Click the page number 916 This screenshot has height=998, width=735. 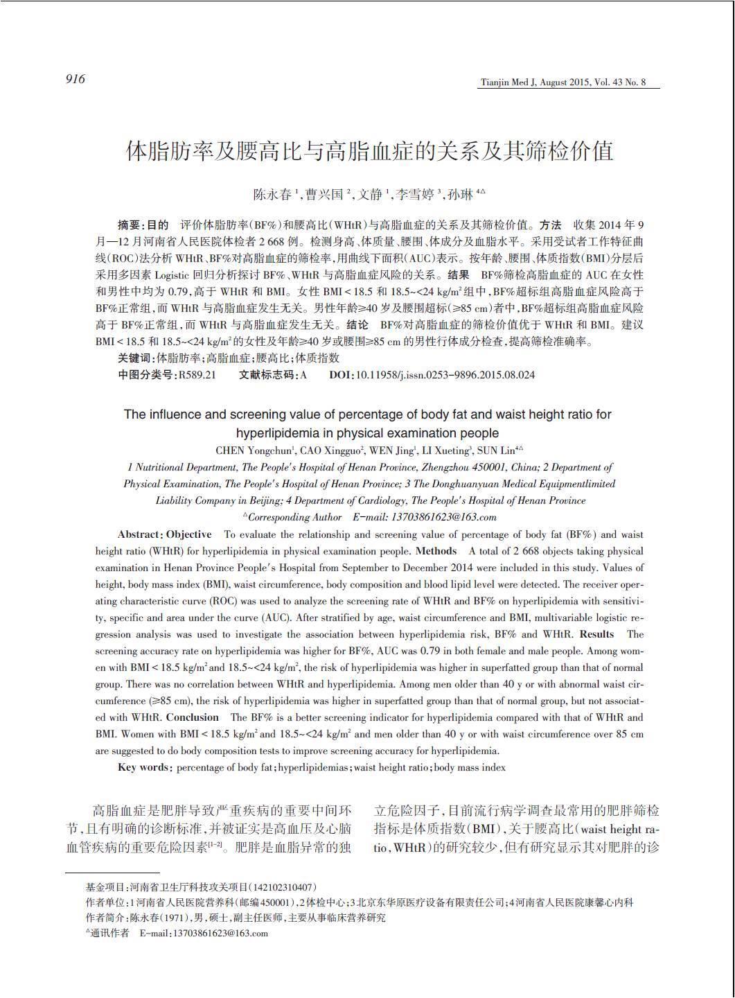tap(76, 79)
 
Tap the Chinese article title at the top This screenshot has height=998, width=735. tap(369, 150)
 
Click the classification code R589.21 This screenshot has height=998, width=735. tap(197, 374)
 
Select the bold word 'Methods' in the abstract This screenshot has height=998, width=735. tap(436, 551)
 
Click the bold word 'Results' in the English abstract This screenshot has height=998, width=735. tap(596, 634)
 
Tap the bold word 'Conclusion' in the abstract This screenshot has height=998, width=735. tap(192, 717)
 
